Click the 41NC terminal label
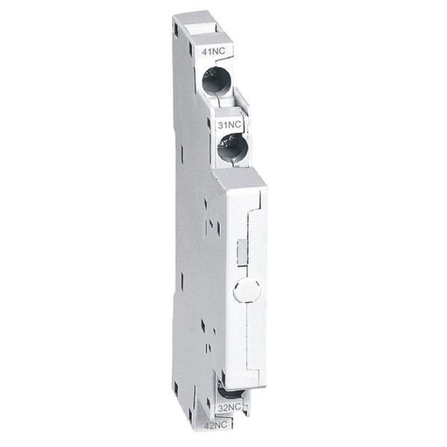[211, 53]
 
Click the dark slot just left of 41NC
[194, 55]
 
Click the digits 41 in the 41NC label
[206, 53]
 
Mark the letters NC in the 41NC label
[217, 53]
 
